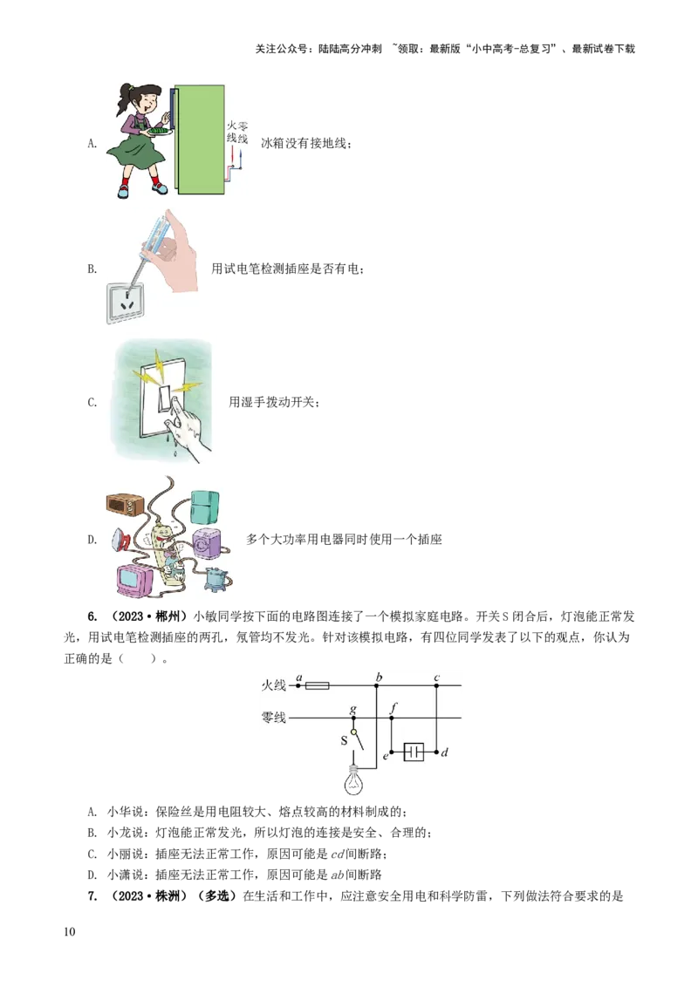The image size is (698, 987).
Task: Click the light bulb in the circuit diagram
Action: (355, 780)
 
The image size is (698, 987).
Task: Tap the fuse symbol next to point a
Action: (317, 684)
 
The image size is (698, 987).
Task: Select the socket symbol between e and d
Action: (414, 752)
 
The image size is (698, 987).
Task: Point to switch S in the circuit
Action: (357, 739)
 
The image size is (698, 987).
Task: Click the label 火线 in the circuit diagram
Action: (273, 684)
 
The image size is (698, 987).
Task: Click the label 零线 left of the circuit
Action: (273, 718)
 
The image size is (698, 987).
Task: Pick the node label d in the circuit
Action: (445, 752)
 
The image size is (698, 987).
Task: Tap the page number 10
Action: (69, 931)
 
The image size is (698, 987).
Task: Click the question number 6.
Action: (92, 616)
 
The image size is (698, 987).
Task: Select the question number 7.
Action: (92, 895)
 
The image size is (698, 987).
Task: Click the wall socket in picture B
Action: (125, 303)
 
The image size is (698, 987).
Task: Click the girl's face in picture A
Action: (144, 102)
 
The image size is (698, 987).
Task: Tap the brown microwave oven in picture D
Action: (126, 504)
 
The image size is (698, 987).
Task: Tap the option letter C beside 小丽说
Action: (92, 854)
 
